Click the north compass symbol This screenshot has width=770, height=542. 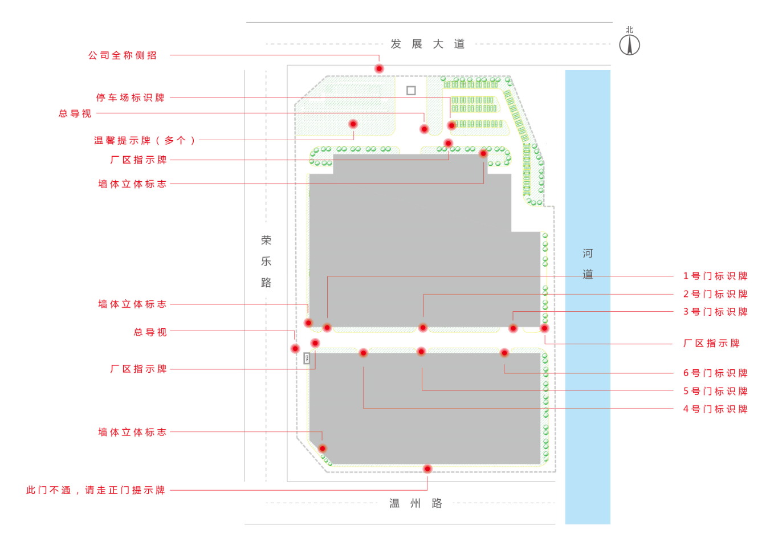pos(629,44)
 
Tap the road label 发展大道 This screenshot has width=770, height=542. pos(427,44)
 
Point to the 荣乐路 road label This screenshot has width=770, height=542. pos(266,261)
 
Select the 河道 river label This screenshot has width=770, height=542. pos(588,263)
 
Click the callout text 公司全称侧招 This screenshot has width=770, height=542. pos(122,55)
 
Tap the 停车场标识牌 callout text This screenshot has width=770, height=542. pos(130,97)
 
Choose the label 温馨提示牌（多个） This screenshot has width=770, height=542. pos(145,140)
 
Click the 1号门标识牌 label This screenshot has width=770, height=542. pos(715,276)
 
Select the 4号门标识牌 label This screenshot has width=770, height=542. pos(715,409)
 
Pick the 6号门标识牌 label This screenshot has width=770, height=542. pos(715,373)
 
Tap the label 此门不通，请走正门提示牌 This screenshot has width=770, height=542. pos(96,490)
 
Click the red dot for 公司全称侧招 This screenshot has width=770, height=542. pos(379,68)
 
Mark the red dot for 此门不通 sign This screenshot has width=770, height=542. pos(427,468)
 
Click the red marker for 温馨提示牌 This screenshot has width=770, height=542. pos(353,124)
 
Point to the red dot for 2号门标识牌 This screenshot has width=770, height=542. pos(423,327)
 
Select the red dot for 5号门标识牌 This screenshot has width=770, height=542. pos(421,352)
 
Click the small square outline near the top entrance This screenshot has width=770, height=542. pos(411,91)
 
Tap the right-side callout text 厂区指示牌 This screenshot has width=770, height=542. pos(711,343)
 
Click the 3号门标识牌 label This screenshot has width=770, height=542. pos(715,312)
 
